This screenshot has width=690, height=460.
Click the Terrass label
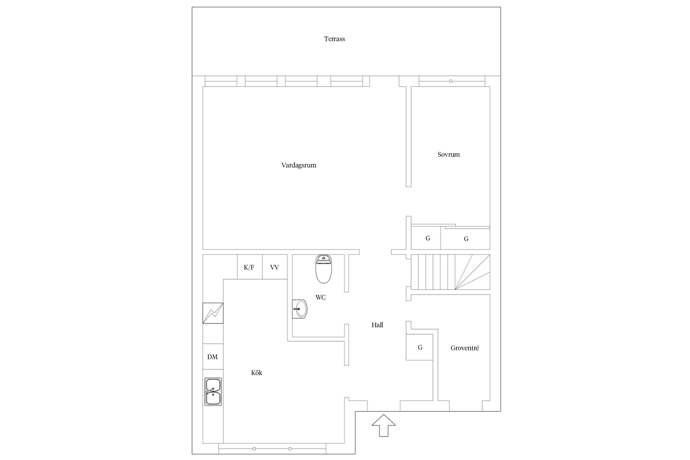pos(335,39)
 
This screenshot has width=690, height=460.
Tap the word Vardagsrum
pos(299,165)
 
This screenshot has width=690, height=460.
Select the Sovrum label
pos(449,154)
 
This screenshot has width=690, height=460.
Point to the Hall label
pos(377,325)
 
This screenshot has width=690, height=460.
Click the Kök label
pos(257,373)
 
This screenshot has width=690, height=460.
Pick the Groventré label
pos(465,348)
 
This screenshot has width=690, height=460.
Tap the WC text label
pos(320,297)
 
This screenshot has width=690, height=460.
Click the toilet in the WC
pos(323,269)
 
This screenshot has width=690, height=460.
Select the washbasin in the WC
pos(299,309)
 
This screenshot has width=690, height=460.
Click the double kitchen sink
pos(213,392)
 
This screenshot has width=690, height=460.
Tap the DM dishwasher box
pos(213,357)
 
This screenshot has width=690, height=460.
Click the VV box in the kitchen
pos(275,267)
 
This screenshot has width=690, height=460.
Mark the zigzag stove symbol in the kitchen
pos(213,313)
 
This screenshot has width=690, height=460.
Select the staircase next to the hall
pos(450,272)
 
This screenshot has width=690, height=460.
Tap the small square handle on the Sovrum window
pos(451,81)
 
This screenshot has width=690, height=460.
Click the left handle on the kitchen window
pos(254,449)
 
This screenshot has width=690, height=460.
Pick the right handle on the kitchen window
pos(290,449)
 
